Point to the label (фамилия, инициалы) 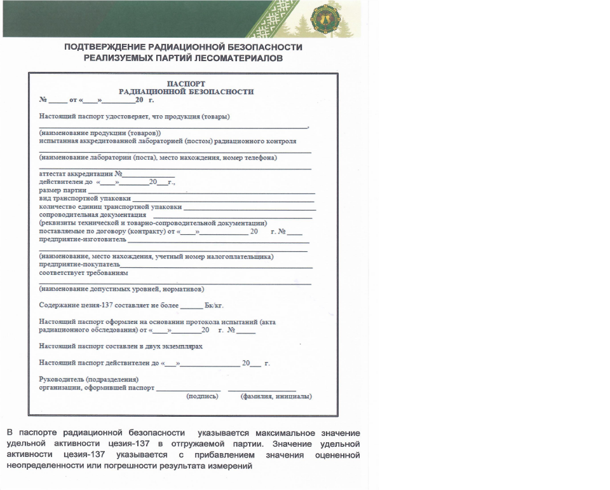coord(276,396)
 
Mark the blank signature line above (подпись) coord(189,389)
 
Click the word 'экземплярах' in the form coord(181,346)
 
